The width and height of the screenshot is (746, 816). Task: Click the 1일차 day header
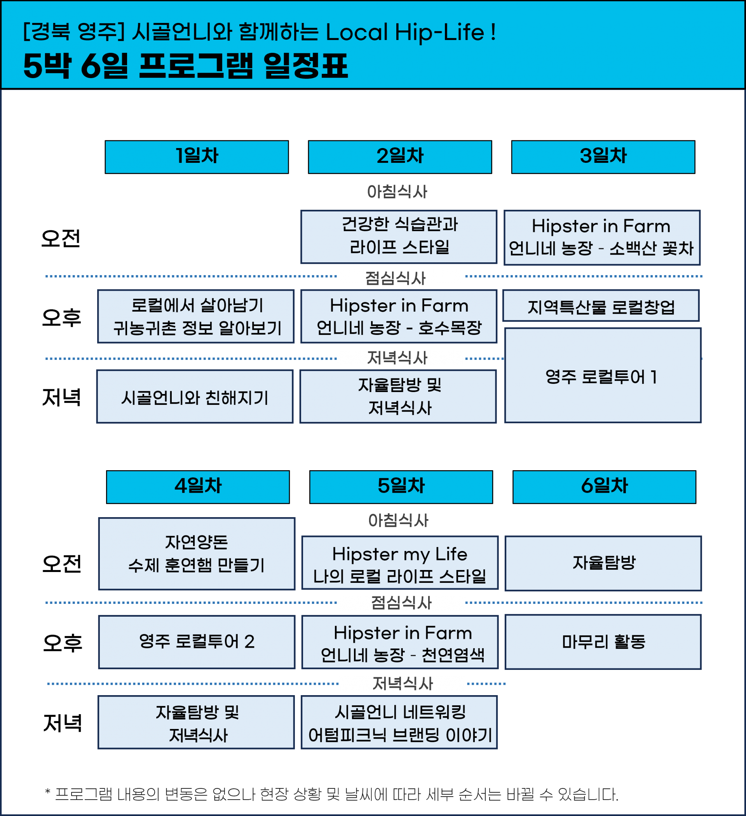(x=197, y=157)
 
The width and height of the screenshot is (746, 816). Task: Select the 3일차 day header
(x=603, y=157)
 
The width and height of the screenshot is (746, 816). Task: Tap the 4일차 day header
(x=198, y=487)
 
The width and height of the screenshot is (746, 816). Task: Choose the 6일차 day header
(x=604, y=487)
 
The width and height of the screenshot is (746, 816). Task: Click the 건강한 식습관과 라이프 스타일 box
(x=399, y=237)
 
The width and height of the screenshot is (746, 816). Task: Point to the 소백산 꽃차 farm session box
(x=602, y=237)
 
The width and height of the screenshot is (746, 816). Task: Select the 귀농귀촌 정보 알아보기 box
(x=196, y=316)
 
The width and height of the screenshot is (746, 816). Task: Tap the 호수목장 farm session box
(x=399, y=316)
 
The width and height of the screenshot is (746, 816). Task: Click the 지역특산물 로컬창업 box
(x=601, y=305)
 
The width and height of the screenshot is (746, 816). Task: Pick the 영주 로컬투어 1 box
(x=603, y=375)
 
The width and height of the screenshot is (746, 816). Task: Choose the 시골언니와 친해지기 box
(x=195, y=396)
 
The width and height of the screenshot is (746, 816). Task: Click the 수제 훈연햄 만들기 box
(x=197, y=554)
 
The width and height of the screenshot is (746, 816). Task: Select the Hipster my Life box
(x=400, y=563)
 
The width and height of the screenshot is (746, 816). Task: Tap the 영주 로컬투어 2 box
(x=197, y=642)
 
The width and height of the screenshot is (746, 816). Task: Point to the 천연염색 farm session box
(x=400, y=642)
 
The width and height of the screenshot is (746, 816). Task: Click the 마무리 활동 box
(x=603, y=642)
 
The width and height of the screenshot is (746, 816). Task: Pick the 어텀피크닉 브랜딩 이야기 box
(x=399, y=722)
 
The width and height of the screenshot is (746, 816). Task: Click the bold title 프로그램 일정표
(x=243, y=66)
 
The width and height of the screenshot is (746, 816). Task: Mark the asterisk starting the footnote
(x=48, y=791)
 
